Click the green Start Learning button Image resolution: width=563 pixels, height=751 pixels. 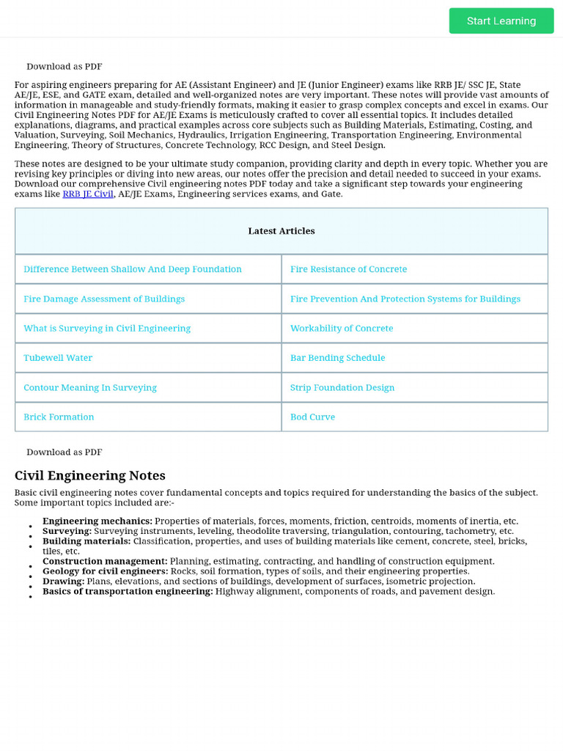pos(501,21)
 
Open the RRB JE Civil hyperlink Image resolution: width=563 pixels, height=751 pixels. pos(88,194)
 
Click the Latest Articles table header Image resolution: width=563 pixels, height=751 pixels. pos(281,231)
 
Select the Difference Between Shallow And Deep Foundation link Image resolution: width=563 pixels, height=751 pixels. pos(133,269)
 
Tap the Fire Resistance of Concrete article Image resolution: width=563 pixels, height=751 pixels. pos(348,269)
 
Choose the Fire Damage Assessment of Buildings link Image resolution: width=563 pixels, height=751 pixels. pos(104,299)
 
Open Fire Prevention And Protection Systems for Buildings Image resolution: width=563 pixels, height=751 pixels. pos(405,299)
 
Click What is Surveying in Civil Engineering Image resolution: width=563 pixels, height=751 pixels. pos(107,329)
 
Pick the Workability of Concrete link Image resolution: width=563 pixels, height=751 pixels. pos(342,329)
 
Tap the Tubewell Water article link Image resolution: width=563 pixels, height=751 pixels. pos(58,358)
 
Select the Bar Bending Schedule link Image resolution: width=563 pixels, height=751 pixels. pos(337,358)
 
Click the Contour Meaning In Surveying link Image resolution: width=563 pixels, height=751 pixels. pos(90,387)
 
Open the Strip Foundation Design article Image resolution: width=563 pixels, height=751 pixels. pos(342,387)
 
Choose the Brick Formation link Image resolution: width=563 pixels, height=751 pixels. pos(59,417)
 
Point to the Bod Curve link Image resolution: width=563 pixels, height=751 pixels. pos(312,417)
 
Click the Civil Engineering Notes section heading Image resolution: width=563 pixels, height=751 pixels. pos(90,475)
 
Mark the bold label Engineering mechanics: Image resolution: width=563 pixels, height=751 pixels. pos(97,521)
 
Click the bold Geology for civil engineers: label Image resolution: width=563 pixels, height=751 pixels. pos(105,571)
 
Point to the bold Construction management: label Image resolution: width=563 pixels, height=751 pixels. pos(105,561)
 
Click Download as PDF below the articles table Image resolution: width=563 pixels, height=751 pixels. pos(65,452)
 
